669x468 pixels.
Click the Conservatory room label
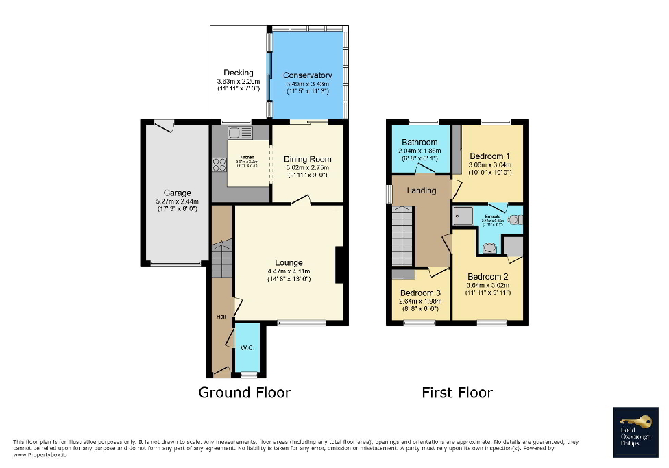(x=307, y=75)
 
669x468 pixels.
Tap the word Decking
(x=239, y=73)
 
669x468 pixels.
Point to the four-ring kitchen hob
(x=220, y=164)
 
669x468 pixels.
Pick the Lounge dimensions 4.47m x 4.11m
(x=289, y=271)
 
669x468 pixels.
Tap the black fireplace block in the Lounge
(x=339, y=265)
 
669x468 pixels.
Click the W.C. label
(x=247, y=348)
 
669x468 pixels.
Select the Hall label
(x=221, y=317)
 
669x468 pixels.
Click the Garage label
(x=177, y=193)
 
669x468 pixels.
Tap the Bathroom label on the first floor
(x=419, y=143)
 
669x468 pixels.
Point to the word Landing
(x=421, y=190)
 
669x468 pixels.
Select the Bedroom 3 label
(x=420, y=293)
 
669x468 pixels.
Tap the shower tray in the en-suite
(x=460, y=216)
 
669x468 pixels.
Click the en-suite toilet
(x=514, y=220)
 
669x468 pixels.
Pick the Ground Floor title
(x=244, y=393)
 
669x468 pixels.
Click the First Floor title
(x=457, y=393)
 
